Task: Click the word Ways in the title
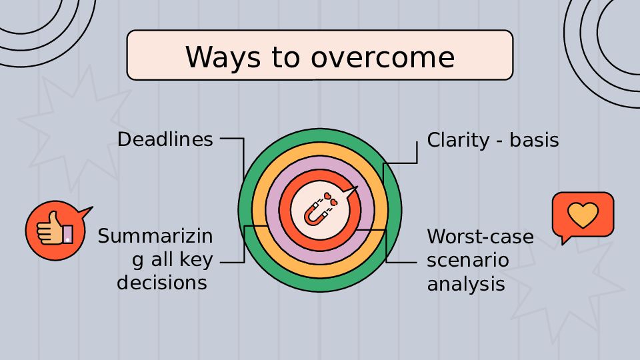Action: click(x=223, y=57)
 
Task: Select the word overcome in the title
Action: click(x=383, y=57)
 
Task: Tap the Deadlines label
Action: click(x=165, y=139)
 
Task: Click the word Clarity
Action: click(x=458, y=141)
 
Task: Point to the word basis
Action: click(x=534, y=140)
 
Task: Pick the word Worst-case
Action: click(x=481, y=237)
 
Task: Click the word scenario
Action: click(x=468, y=260)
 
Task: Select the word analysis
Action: click(x=466, y=284)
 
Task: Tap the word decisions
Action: click(x=162, y=283)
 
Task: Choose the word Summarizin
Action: click(x=155, y=236)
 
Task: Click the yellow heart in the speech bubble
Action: click(x=583, y=215)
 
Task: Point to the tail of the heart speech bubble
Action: click(x=565, y=239)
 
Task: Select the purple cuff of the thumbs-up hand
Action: click(x=68, y=234)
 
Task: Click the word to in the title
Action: click(x=286, y=57)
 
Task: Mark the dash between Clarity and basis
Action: click(x=499, y=141)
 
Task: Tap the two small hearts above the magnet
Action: click(x=331, y=199)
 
